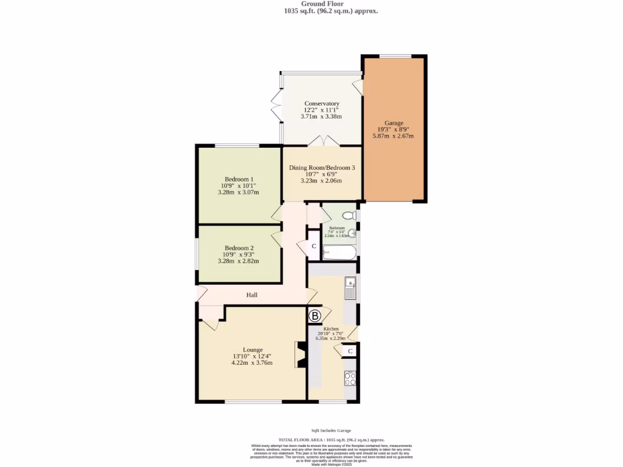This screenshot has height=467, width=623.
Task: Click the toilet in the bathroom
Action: point(350,215)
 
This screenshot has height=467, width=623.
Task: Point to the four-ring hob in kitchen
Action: point(350,379)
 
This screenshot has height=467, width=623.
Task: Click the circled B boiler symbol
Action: point(315,316)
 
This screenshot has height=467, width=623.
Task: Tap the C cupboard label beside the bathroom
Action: point(313,246)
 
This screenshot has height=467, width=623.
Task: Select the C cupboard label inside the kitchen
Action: point(350,351)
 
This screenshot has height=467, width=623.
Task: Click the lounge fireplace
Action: point(300,355)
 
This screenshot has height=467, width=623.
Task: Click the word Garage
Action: point(394,123)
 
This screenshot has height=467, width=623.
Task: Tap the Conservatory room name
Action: point(322,103)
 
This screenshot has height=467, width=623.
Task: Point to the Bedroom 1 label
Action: point(238,179)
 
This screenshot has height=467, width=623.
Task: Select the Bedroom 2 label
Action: point(238,248)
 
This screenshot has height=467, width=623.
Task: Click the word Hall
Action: point(252,295)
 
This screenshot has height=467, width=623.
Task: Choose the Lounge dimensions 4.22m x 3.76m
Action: point(252,363)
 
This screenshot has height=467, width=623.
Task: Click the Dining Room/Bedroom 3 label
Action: point(322,167)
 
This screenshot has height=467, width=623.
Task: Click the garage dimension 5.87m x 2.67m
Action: point(394,136)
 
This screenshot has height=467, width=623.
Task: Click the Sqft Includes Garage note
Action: point(331,431)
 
